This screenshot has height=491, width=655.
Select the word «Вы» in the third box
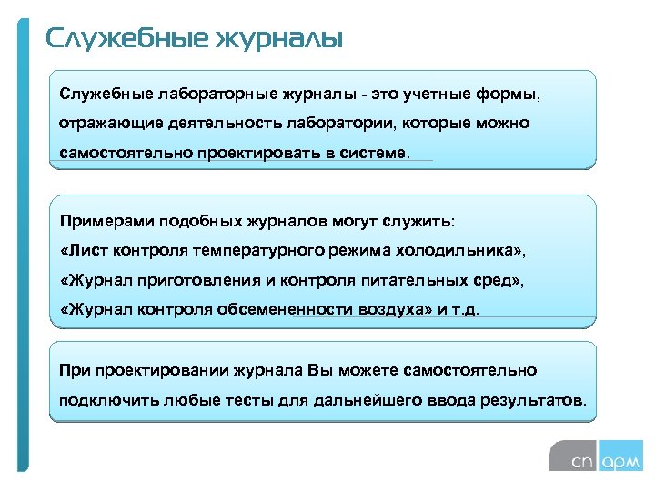321,370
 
